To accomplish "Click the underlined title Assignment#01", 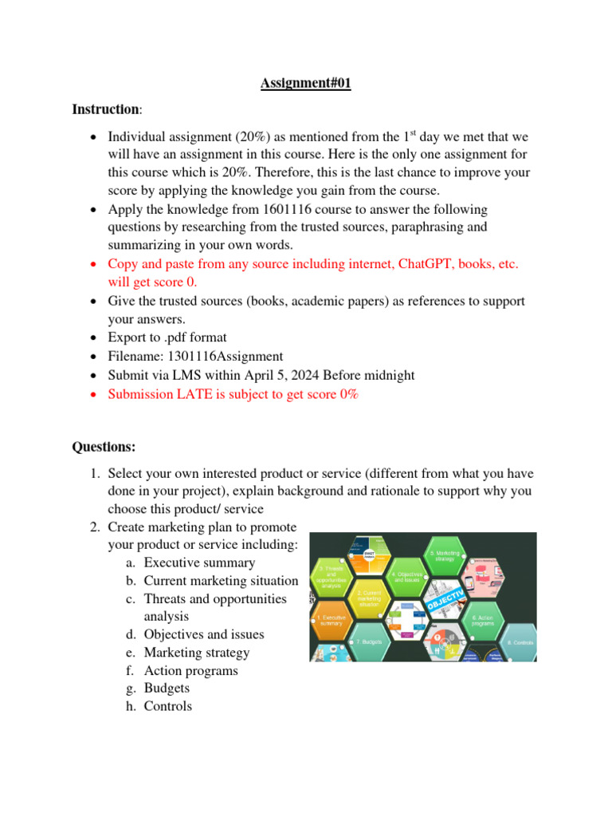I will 305,83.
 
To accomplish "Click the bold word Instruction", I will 104,109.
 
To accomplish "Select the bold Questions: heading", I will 104,446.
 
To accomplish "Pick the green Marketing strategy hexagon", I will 445,555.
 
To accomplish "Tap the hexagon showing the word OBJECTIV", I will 446,598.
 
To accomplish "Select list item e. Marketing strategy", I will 196,653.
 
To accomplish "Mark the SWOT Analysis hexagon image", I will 368,555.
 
